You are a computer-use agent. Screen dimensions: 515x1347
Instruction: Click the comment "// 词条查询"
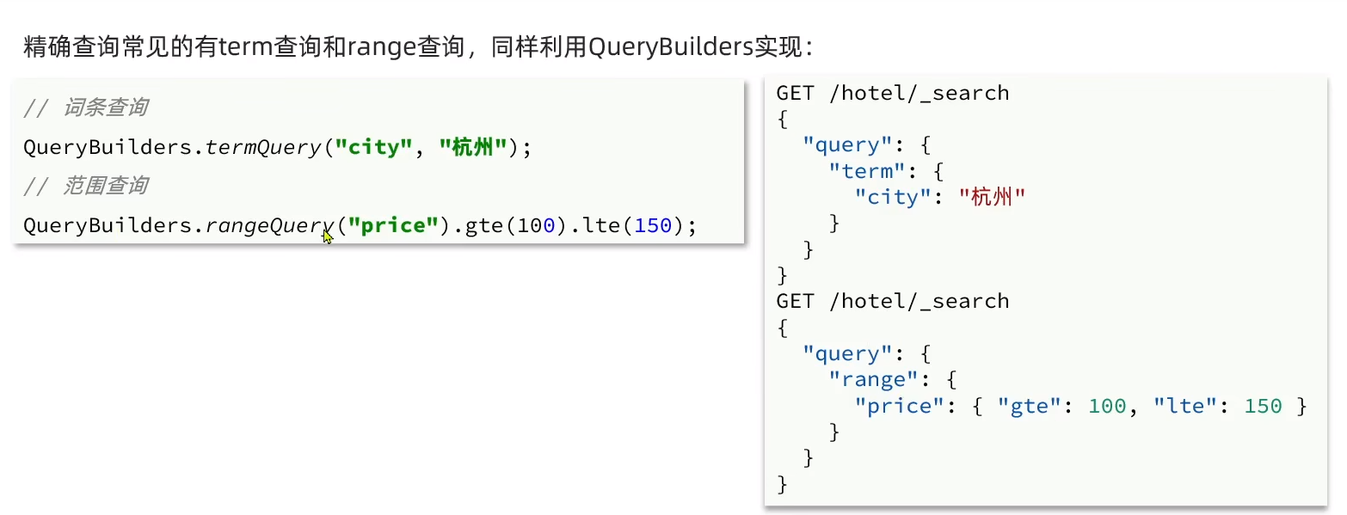85,108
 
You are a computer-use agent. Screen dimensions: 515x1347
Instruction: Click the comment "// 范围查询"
85,187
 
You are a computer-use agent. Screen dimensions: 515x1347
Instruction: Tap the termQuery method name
262,147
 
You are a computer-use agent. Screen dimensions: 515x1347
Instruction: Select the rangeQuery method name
269,225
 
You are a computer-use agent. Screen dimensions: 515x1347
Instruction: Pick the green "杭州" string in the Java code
472,147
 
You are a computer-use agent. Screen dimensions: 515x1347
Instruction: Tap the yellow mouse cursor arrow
328,236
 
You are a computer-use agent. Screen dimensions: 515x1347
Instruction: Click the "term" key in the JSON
862,171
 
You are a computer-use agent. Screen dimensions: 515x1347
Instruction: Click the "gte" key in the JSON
1029,406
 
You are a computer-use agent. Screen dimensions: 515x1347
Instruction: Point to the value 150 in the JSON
1263,406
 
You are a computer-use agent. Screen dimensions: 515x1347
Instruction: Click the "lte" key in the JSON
1185,406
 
